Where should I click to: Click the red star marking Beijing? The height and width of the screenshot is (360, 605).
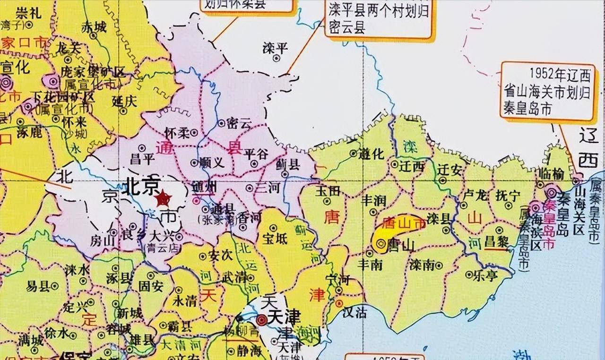pos(163,197)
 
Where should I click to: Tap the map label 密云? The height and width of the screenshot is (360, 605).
pos(238,124)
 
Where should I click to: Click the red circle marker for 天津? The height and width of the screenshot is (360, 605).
pos(261,320)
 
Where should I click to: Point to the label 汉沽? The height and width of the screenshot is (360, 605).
pos(354,312)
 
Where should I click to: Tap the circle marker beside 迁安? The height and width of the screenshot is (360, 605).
pos(442,180)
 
